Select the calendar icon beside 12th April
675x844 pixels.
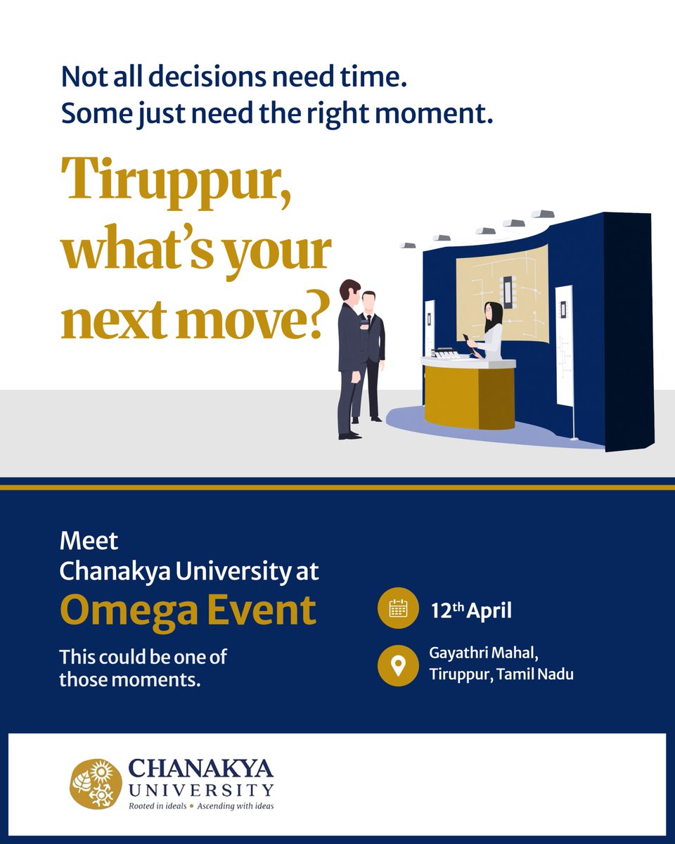pyautogui.click(x=398, y=609)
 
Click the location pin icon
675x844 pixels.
pyautogui.click(x=398, y=665)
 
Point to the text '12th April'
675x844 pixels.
pyautogui.click(x=471, y=610)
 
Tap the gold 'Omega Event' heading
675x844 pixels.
pyautogui.click(x=188, y=610)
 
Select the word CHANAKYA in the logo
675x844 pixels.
pyautogui.click(x=201, y=769)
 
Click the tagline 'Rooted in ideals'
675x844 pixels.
pyautogui.click(x=157, y=805)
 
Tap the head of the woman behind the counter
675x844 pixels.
pyautogui.click(x=493, y=314)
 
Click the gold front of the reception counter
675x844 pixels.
pyautogui.click(x=468, y=397)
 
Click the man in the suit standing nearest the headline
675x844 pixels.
pyautogui.click(x=349, y=359)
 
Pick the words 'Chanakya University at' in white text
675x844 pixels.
pyautogui.click(x=189, y=570)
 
